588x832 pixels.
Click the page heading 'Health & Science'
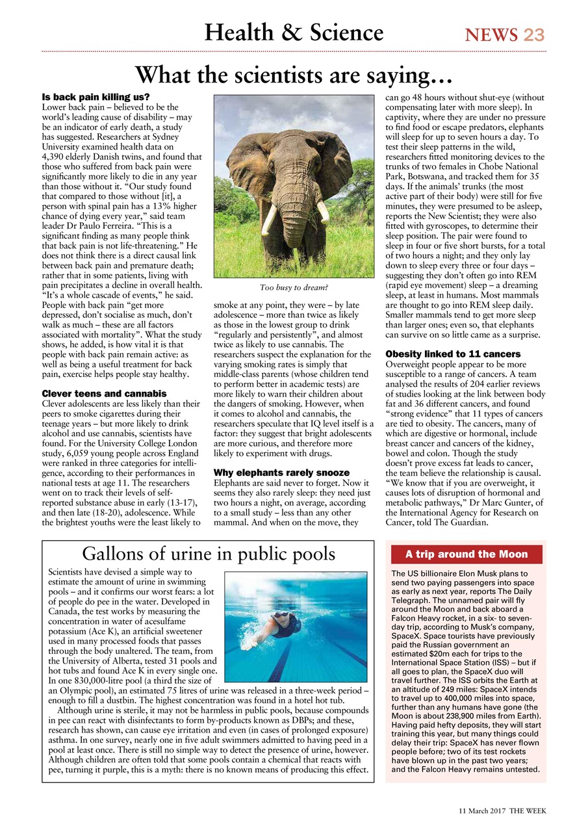point(294,32)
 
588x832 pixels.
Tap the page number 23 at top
point(534,34)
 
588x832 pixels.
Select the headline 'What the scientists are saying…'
point(294,75)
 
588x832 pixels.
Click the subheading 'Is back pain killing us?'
point(96,97)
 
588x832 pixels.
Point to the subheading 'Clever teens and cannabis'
point(104,394)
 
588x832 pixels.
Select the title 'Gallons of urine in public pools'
point(209,554)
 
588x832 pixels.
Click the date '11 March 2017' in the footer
point(479,811)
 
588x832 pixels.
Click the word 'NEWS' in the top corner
point(491,34)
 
